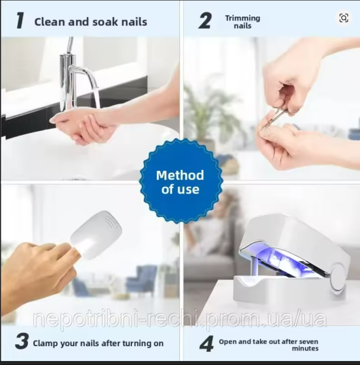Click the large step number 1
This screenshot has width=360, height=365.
[20, 21]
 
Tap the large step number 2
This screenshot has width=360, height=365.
[205, 21]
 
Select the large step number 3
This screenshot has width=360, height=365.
[22, 341]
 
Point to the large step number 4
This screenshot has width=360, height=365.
[207, 343]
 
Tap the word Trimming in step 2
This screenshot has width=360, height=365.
[242, 18]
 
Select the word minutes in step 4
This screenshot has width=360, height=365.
[305, 348]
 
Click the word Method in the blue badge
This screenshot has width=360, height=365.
[180, 175]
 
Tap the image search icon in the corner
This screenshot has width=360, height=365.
[343, 18]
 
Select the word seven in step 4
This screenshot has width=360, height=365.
[308, 342]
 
